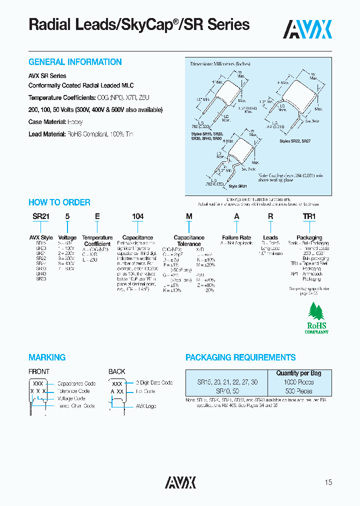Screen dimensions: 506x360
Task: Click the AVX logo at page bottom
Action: (180, 482)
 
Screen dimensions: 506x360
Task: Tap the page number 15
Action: (328, 482)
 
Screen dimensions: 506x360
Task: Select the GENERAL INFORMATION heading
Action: (75, 62)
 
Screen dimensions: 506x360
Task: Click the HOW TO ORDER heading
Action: (59, 202)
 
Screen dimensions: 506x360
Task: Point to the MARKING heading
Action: (47, 357)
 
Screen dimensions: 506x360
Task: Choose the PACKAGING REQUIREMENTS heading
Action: (240, 357)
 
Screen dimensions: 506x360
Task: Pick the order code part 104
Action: (137, 216)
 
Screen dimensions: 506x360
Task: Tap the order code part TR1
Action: (309, 216)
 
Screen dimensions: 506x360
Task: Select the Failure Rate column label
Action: (236, 237)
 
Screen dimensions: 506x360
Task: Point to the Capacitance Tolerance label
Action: (188, 240)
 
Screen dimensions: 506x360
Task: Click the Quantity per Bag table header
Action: (298, 373)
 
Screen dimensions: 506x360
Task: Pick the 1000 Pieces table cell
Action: (298, 382)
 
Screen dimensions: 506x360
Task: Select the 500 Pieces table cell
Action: (298, 391)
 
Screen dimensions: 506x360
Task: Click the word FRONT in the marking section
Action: (39, 371)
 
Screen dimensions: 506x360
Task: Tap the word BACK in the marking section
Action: (117, 371)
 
